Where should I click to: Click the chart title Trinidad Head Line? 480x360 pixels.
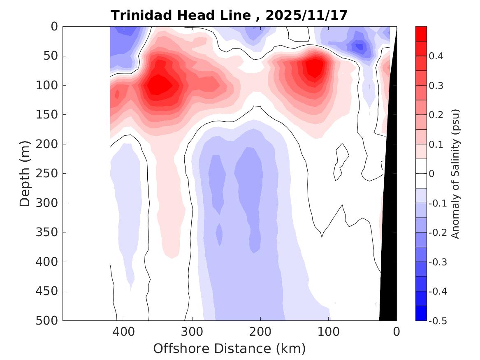pos(181,16)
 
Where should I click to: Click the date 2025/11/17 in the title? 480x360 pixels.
pos(306,16)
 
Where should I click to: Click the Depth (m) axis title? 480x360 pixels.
pos(26,173)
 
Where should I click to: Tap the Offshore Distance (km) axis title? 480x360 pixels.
pos(230,348)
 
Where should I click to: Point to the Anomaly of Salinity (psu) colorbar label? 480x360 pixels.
pos(455,174)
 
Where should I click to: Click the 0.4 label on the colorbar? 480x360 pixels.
pos(436,56)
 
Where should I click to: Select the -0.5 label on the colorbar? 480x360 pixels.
pos(437,321)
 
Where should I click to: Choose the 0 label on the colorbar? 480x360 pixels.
pos(431,174)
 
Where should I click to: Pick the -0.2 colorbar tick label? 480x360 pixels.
pos(437,232)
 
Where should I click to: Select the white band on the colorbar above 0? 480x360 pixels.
pos(421,166)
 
